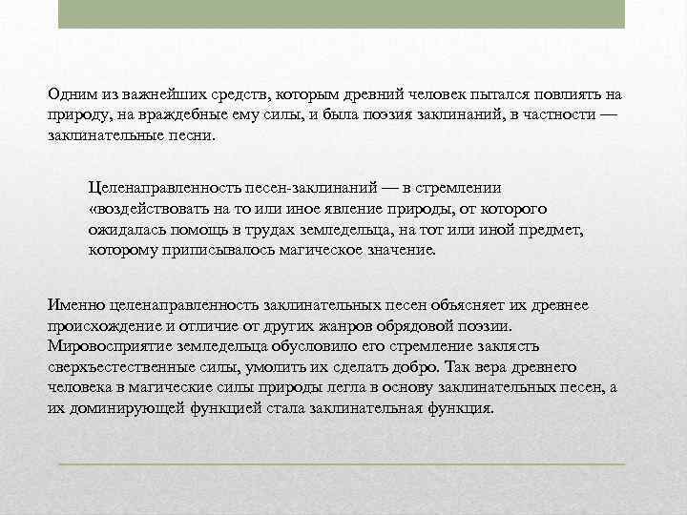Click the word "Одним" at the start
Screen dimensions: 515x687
point(69,94)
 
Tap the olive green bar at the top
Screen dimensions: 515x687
point(342,14)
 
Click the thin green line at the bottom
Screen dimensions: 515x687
point(342,464)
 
